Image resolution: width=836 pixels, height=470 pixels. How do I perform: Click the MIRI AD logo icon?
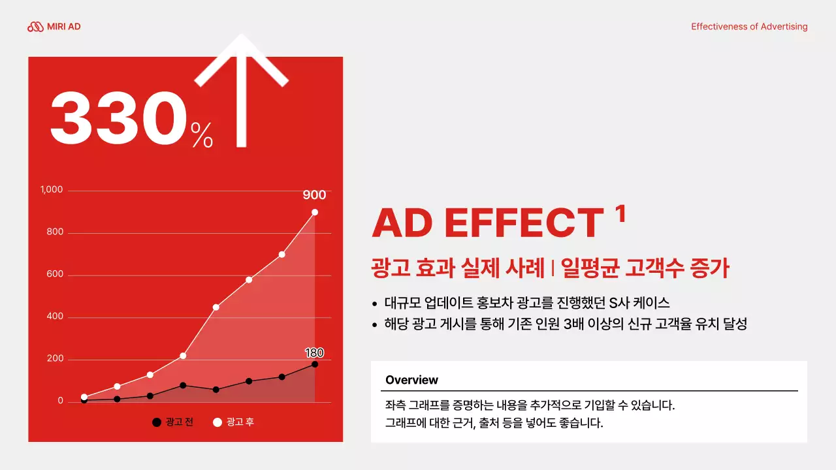tap(35, 27)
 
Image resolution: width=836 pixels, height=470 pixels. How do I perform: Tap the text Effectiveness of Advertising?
tap(749, 27)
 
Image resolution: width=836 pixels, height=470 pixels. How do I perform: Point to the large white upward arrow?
tap(242, 85)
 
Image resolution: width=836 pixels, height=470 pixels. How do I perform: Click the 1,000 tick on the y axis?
tap(52, 190)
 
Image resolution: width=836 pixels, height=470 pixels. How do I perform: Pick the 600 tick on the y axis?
tap(55, 275)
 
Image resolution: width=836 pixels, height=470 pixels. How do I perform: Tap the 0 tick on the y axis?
tap(60, 401)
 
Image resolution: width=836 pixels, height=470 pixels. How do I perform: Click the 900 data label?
tap(314, 195)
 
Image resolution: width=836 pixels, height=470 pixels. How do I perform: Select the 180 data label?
tap(314, 353)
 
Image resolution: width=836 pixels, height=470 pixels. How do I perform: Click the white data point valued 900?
tap(315, 212)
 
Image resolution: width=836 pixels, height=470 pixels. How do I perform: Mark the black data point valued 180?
tap(315, 364)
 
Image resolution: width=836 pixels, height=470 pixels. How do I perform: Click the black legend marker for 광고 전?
tap(156, 422)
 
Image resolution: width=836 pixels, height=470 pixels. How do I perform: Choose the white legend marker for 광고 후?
tap(217, 422)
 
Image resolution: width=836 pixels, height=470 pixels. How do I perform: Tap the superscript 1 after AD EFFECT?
tap(620, 213)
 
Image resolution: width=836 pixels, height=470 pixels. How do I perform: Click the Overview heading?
tap(411, 380)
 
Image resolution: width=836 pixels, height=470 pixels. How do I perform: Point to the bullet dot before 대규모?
tap(374, 304)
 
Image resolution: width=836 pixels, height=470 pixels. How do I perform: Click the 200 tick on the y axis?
tap(55, 359)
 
